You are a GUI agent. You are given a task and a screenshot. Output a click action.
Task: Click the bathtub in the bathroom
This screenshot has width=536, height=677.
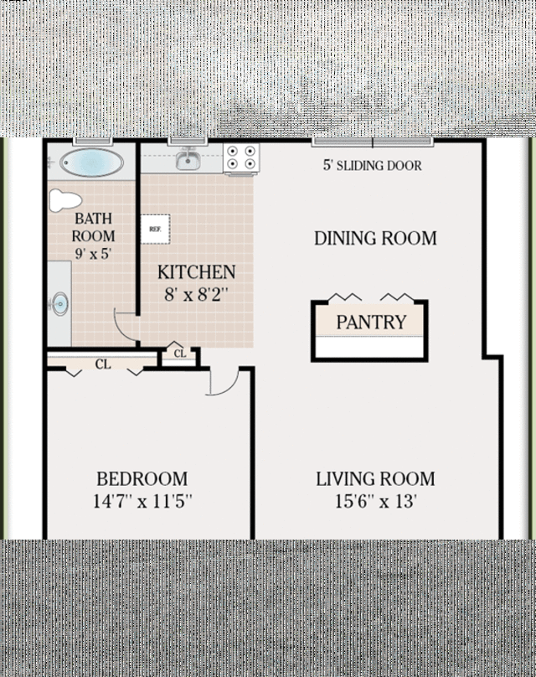coord(91,162)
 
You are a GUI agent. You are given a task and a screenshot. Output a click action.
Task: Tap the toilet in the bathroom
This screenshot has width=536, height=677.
coord(65,200)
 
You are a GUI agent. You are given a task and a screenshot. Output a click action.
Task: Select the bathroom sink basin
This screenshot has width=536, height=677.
coord(59,304)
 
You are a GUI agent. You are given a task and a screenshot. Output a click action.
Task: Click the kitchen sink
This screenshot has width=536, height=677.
coord(188,160)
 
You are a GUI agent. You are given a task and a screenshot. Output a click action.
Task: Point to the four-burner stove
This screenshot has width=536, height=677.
coord(241,158)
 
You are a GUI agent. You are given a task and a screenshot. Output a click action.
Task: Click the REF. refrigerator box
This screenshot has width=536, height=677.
coord(155,228)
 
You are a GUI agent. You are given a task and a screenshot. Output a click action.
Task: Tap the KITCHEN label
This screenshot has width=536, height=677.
coord(196,272)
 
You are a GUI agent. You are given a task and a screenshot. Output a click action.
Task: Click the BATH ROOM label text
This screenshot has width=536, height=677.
coord(92,227)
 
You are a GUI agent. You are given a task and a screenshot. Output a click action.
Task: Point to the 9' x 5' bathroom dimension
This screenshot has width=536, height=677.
coord(92,252)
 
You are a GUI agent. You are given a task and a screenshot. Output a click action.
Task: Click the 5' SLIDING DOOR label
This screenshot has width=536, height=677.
coord(372,165)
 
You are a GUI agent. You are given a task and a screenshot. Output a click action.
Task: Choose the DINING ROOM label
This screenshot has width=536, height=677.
coord(375,238)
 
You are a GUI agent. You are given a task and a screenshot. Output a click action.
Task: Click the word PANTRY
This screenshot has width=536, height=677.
coord(371,322)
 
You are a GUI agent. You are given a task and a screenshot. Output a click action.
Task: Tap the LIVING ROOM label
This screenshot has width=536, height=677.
coord(375,479)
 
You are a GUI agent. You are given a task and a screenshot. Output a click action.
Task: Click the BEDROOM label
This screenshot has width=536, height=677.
coord(142,479)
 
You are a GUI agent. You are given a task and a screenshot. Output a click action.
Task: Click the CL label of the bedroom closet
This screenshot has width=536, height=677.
coord(102,364)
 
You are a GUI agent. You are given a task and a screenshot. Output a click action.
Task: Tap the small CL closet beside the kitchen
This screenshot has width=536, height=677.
coord(180,354)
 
